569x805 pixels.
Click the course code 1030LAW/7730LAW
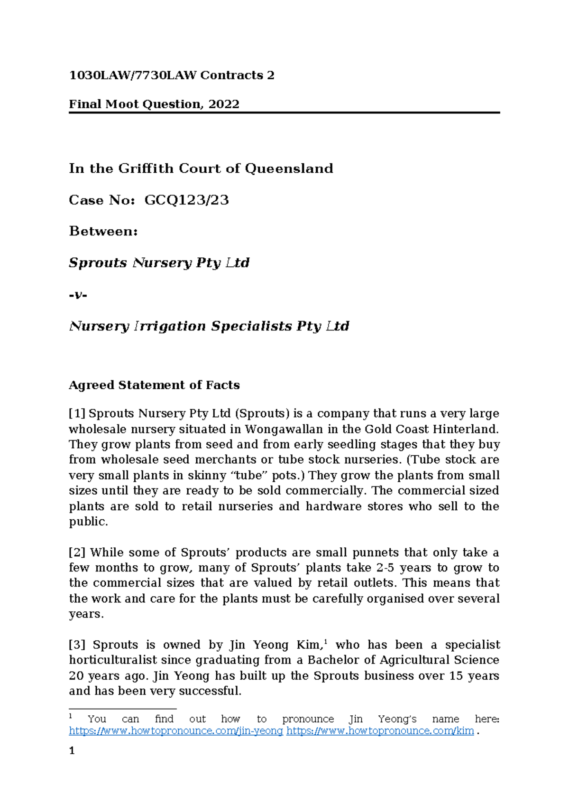[x=132, y=75]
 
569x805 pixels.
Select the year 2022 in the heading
[x=223, y=104]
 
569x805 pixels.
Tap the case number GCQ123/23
[x=186, y=200]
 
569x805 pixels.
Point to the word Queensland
[x=289, y=168]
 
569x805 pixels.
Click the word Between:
[x=103, y=232]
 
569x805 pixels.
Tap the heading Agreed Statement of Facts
[x=154, y=385]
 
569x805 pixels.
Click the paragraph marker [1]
[x=77, y=414]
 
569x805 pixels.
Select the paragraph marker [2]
[x=77, y=553]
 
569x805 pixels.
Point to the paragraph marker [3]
[x=77, y=645]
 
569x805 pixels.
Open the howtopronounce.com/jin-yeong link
[x=176, y=731]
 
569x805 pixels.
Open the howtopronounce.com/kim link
[x=380, y=731]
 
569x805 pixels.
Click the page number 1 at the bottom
[x=72, y=751]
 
